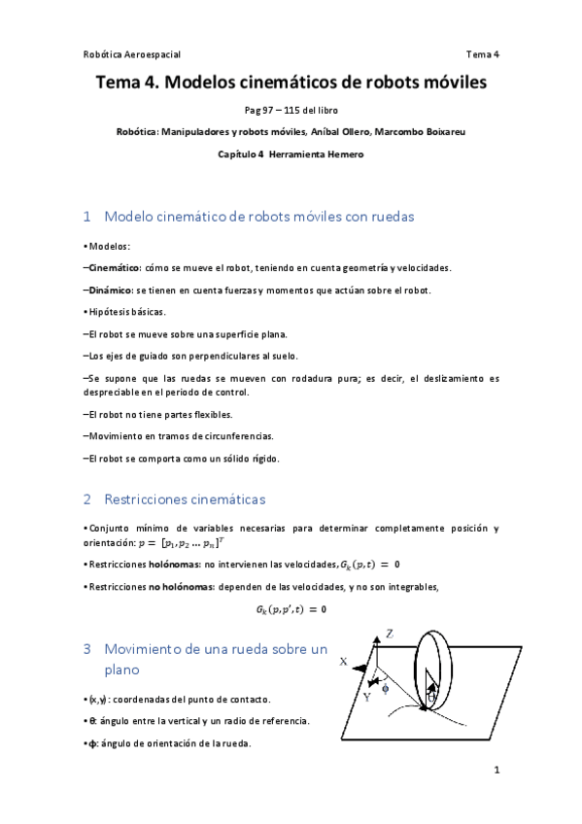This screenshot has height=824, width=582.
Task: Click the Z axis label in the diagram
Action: point(389,633)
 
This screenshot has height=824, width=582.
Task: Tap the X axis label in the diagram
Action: point(343,661)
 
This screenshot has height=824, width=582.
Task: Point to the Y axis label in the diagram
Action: point(366,697)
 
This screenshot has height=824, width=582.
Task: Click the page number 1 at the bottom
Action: point(496,772)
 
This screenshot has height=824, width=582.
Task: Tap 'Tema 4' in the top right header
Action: point(482,54)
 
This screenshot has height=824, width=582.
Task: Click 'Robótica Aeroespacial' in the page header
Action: point(132,54)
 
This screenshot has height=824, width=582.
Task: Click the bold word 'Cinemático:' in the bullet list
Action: point(115,267)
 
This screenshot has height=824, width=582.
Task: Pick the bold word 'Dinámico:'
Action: point(110,290)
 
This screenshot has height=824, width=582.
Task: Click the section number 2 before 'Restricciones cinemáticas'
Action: point(87,499)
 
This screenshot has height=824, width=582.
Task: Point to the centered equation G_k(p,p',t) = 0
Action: point(291,609)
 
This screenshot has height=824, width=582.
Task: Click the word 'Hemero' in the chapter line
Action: point(344,154)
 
